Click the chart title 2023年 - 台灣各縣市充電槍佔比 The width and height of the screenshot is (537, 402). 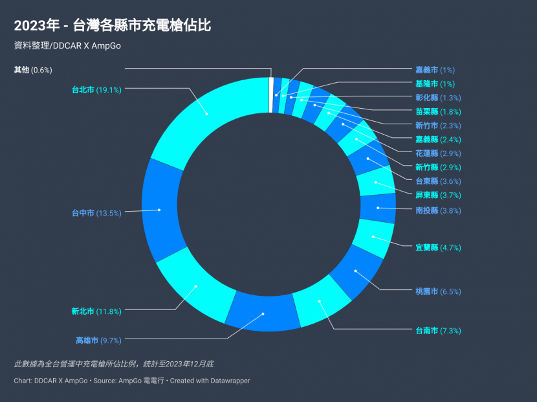pyautogui.click(x=113, y=26)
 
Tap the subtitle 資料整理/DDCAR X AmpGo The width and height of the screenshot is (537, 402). pyautogui.click(x=67, y=45)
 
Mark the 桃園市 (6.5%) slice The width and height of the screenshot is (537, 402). pyautogui.click(x=357, y=272)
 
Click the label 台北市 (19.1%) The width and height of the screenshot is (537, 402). pyautogui.click(x=96, y=90)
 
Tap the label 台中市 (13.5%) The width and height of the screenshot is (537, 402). pyautogui.click(x=96, y=213)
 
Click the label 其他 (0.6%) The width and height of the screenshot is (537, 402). pyautogui.click(x=33, y=69)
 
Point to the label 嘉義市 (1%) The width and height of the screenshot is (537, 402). pyautogui.click(x=435, y=70)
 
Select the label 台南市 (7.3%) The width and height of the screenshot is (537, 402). pyautogui.click(x=438, y=331)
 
